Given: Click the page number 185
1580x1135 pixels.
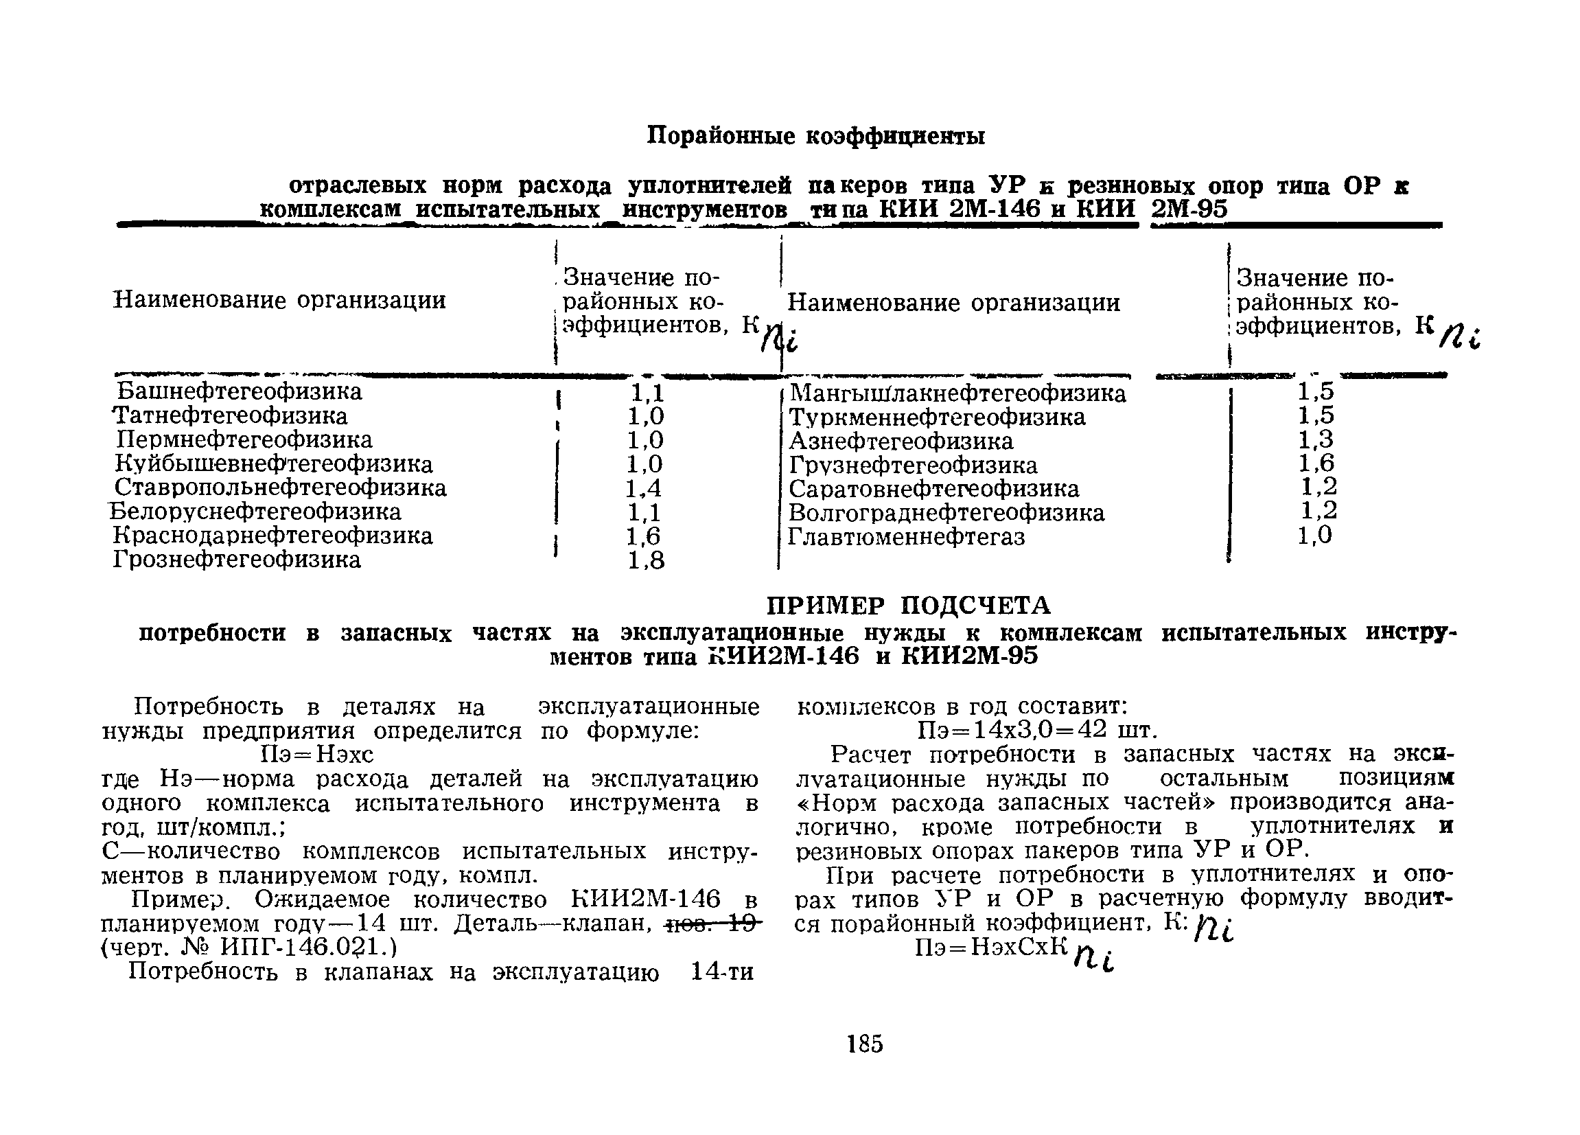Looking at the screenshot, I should [865, 1044].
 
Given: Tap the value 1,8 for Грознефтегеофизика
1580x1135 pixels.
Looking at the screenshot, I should [646, 560].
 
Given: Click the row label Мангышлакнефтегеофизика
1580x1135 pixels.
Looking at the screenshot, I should [957, 393].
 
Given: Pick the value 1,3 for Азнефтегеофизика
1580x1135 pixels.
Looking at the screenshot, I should [1315, 439].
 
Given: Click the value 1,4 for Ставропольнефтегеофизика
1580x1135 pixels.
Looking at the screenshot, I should [644, 488].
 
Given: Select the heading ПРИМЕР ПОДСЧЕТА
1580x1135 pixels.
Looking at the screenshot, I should [909, 606].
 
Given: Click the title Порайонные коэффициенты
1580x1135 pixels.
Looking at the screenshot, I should [816, 135].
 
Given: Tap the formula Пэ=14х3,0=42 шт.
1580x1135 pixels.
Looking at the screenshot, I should [1037, 730].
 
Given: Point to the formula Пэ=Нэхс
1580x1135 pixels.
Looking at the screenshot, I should [317, 754].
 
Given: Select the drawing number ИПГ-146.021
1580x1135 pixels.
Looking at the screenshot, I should [307, 948].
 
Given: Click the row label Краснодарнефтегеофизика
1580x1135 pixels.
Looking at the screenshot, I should [272, 536].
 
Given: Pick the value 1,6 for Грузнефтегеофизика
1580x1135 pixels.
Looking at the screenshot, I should [1315, 463].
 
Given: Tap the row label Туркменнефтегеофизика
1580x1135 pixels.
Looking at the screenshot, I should [936, 417].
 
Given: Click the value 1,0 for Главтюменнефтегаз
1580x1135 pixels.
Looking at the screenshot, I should [1314, 535].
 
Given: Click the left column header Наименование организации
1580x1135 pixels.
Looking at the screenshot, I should [279, 300].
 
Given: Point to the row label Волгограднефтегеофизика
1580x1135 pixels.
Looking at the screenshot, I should [946, 513].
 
